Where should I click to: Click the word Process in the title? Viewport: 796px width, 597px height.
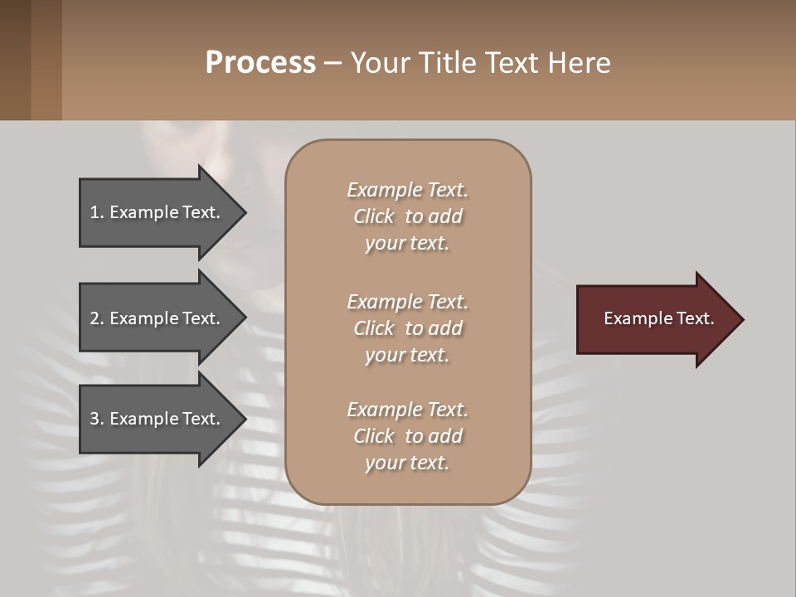click(x=260, y=63)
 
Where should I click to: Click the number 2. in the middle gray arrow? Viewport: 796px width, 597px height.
click(x=97, y=318)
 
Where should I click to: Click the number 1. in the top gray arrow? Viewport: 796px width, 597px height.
click(x=97, y=212)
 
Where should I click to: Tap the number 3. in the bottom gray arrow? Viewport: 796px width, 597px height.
click(x=97, y=419)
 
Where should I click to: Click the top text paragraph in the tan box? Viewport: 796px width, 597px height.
click(x=407, y=216)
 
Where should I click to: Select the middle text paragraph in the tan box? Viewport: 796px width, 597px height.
click(x=407, y=328)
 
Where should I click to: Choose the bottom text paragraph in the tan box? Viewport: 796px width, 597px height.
click(x=407, y=436)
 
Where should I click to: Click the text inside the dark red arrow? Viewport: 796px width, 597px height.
click(x=658, y=318)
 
